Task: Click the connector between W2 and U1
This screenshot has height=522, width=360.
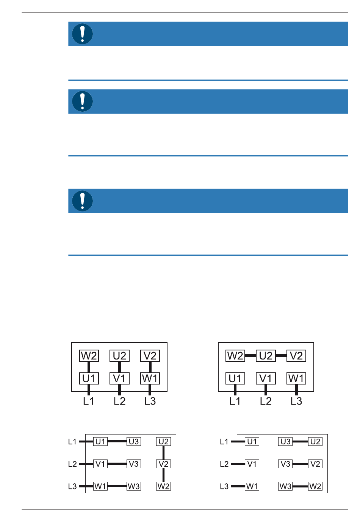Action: coord(89,367)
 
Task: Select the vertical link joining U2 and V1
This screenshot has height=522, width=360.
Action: coord(119,367)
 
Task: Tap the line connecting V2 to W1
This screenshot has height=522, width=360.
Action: coord(150,367)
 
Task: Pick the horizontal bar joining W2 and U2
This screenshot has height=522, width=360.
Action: coord(250,356)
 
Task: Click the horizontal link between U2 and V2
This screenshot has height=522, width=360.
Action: coord(281,356)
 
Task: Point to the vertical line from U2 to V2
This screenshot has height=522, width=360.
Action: coord(163,453)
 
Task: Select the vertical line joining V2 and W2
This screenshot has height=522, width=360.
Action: coord(163,475)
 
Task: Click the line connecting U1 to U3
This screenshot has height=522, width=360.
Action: coord(117,441)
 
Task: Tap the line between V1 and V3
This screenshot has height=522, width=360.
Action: coord(117,464)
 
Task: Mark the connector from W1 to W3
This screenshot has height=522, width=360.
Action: coord(117,486)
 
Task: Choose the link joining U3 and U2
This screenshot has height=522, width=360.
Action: coord(300,441)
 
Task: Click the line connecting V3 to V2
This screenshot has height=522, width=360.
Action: coord(300,464)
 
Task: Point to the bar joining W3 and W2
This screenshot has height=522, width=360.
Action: coord(300,486)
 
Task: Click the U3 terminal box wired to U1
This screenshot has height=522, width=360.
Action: coord(134,441)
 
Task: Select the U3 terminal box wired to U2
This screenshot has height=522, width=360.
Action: coord(285,441)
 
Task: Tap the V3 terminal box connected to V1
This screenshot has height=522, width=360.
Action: coord(134,464)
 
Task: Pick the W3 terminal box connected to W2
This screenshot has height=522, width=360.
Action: coord(285,486)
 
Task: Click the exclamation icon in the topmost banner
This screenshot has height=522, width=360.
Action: coord(82,34)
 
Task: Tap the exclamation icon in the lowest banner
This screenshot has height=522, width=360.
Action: coord(82,201)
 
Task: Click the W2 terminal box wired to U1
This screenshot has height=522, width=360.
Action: coord(89,356)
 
